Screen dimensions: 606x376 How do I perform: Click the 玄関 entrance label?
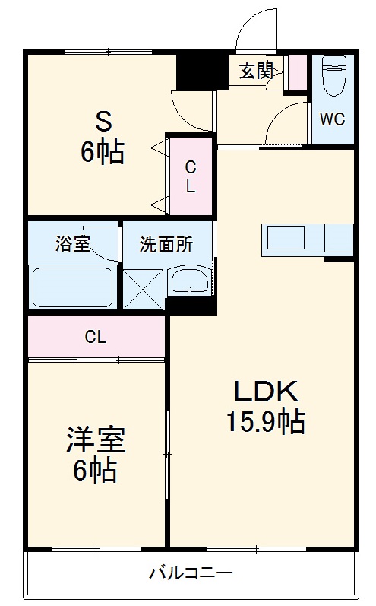tap(256, 71)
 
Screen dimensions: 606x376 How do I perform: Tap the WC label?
tap(332, 119)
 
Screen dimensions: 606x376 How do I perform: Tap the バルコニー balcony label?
tap(191, 572)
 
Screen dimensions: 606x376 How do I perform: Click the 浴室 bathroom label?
tap(73, 245)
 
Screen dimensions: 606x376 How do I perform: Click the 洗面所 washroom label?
tap(166, 245)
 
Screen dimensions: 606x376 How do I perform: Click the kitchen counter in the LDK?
tap(307, 238)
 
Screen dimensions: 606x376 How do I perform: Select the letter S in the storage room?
tap(103, 121)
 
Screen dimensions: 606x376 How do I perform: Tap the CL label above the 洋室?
tap(96, 338)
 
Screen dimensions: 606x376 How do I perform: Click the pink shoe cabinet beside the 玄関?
tap(296, 71)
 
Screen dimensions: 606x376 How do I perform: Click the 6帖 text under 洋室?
tap(95, 471)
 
